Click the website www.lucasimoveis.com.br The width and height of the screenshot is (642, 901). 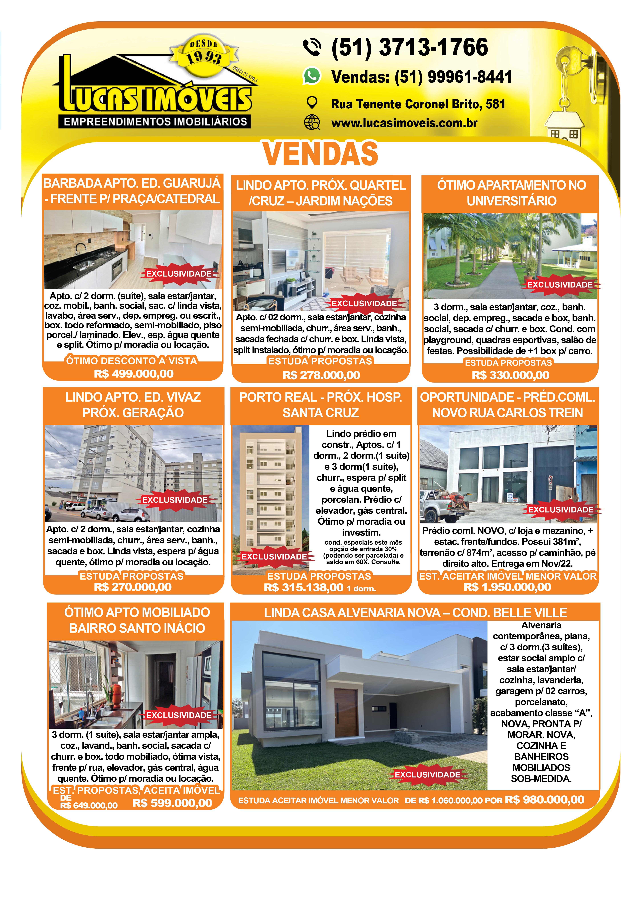point(404,123)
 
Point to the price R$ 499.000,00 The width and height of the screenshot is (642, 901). point(134,374)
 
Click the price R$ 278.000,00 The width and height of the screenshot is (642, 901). point(321,375)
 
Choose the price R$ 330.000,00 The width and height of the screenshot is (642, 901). point(510,375)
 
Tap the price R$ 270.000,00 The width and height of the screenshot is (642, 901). point(133,587)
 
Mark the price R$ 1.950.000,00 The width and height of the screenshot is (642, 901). point(507,587)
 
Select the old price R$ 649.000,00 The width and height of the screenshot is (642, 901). point(89,805)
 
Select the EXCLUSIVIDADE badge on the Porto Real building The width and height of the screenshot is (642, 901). point(274,557)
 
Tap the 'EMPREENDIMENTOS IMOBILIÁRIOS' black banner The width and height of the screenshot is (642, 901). point(155,122)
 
